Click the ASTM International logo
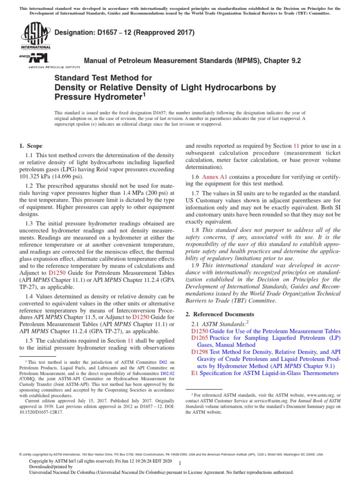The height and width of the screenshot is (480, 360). click(x=35, y=36)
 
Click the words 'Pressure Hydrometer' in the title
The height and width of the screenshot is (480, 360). click(x=97, y=97)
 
